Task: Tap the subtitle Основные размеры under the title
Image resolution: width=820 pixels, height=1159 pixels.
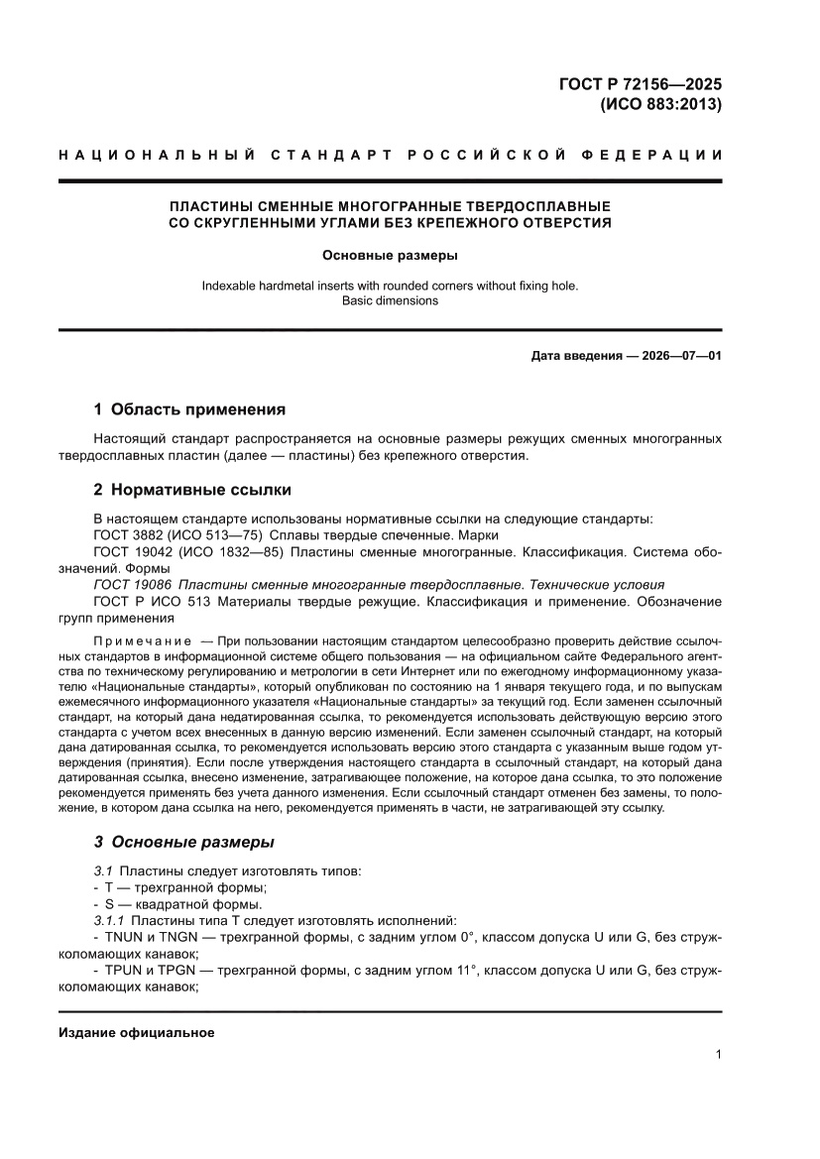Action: [x=390, y=256]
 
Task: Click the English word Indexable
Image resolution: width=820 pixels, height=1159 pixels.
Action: [x=230, y=286]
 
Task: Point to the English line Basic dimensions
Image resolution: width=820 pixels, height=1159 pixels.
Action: [x=390, y=300]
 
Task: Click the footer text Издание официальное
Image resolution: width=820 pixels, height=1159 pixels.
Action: [x=137, y=1033]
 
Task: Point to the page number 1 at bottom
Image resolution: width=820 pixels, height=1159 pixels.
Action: [x=718, y=1054]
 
